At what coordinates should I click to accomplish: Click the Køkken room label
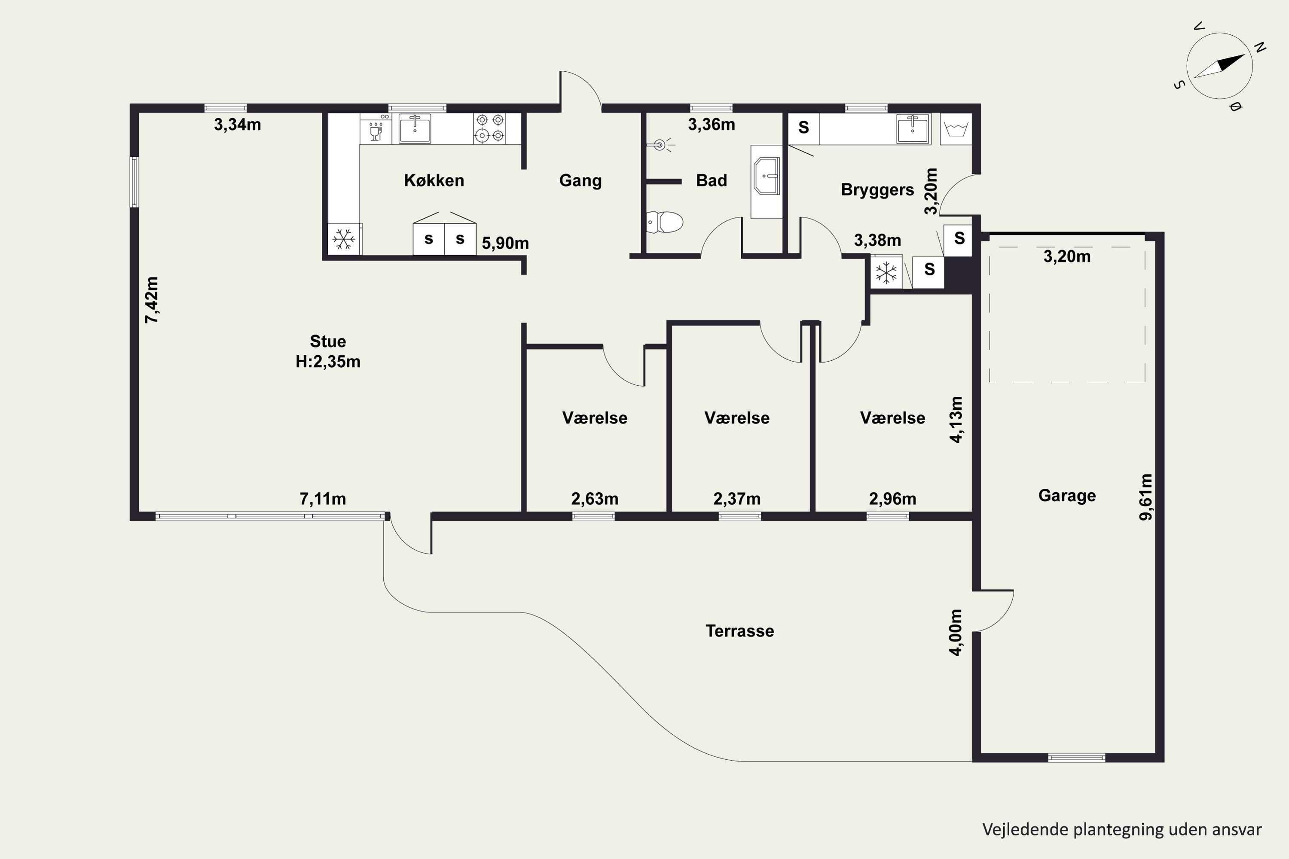click(x=434, y=180)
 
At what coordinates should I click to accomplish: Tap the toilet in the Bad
click(x=665, y=222)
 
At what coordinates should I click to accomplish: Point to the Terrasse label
click(x=740, y=631)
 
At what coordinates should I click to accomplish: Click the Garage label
click(x=1067, y=495)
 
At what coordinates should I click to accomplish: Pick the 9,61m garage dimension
click(x=1145, y=497)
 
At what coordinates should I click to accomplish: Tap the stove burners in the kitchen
click(x=489, y=128)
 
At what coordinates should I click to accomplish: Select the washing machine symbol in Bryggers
click(x=955, y=129)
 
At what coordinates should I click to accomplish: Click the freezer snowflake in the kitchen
click(x=344, y=239)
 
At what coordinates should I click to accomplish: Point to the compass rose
click(x=1219, y=66)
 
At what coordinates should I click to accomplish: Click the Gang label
click(x=580, y=180)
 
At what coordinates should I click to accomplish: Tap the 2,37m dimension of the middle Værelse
click(x=737, y=499)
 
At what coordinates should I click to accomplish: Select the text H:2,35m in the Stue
click(x=328, y=362)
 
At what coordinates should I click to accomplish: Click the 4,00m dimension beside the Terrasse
click(x=955, y=632)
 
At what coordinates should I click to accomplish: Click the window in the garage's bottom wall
click(x=1076, y=758)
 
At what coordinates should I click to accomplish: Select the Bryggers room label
click(x=877, y=189)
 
